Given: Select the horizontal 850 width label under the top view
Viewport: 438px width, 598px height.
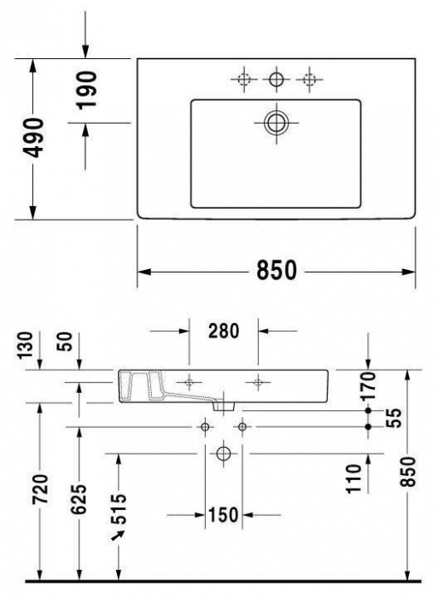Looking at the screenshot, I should point(277,271).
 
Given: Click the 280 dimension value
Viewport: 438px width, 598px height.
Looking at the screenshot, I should point(223,330).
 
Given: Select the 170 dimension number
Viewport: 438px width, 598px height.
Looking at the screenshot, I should point(368,387).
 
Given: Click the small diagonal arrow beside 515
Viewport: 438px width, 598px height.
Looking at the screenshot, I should point(115,536).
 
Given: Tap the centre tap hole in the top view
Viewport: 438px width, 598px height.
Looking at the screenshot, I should point(276,80).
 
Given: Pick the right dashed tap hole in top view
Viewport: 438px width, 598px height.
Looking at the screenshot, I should point(307,80).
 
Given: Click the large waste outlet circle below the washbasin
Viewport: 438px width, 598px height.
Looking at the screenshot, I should point(224,453).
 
